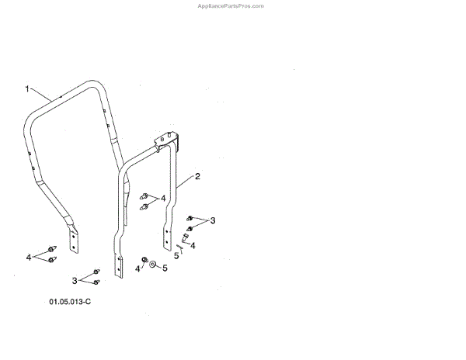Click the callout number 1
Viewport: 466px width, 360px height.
[x=26, y=89]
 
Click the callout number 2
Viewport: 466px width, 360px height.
[x=197, y=177]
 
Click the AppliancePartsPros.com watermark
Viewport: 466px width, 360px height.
[x=231, y=5]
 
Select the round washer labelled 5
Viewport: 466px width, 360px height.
[x=153, y=265]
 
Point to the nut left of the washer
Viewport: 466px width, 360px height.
[x=144, y=259]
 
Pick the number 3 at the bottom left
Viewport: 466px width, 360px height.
[x=75, y=280]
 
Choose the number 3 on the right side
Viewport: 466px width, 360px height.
[x=213, y=221]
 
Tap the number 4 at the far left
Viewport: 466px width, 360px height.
[x=29, y=256]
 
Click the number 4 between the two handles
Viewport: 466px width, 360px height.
[x=163, y=199]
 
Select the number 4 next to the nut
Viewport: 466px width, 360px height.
[x=137, y=268]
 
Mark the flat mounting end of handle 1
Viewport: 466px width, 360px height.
[x=75, y=240]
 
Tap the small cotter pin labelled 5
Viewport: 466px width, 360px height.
[x=182, y=247]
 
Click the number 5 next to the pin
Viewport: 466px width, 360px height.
[x=176, y=255]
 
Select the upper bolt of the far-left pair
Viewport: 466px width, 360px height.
[x=51, y=250]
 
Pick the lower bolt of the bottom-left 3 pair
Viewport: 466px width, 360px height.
[x=96, y=281]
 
